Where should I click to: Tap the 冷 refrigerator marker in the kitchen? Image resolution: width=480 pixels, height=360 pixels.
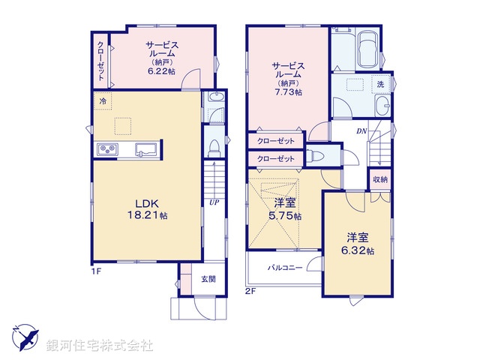100,100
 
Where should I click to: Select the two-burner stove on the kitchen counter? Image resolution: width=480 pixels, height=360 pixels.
107,150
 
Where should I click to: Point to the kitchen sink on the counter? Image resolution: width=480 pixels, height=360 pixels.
145,151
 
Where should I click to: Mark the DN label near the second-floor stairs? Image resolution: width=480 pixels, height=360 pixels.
361,132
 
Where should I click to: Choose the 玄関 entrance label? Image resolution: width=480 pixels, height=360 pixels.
208,279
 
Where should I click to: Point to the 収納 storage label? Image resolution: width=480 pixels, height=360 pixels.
379,179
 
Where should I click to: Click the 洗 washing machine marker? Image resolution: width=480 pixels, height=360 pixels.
381,84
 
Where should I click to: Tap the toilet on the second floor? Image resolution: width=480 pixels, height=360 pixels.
316,157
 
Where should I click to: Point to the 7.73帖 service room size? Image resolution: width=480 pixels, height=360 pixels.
287,92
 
